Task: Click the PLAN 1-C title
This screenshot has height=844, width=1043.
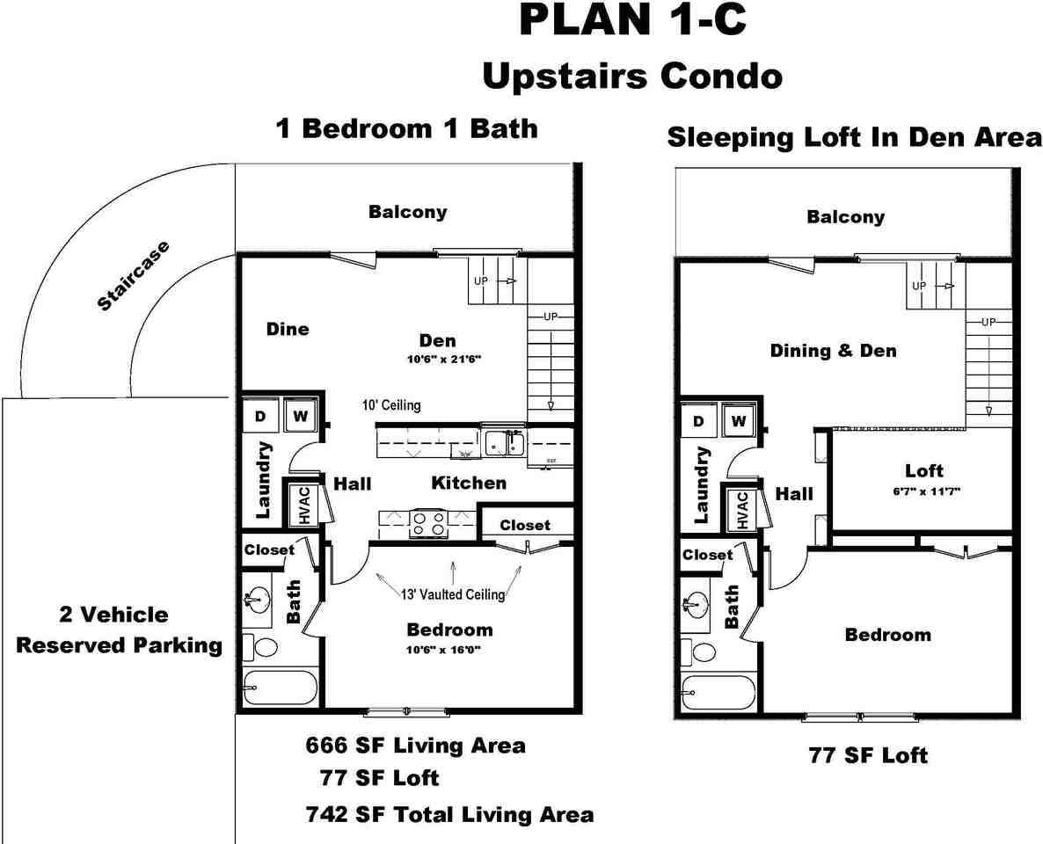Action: [633, 21]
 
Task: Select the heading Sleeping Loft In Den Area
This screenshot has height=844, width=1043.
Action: [854, 138]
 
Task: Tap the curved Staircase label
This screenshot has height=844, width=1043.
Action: [134, 276]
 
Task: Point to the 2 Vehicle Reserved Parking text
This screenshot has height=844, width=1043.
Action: [120, 629]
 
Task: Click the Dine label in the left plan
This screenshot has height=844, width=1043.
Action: [288, 329]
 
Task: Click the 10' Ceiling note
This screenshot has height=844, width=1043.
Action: [391, 405]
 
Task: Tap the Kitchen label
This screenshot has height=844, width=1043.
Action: [469, 483]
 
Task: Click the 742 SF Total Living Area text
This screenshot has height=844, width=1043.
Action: [449, 814]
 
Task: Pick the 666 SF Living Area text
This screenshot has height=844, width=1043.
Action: [415, 746]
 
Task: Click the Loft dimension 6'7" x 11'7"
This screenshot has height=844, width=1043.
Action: [923, 491]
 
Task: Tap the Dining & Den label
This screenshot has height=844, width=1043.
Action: [833, 351]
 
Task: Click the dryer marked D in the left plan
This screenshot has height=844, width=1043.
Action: [260, 416]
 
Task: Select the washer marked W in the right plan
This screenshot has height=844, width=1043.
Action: [738, 422]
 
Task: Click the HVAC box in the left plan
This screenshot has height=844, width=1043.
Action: [304, 506]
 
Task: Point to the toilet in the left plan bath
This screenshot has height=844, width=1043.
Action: [259, 648]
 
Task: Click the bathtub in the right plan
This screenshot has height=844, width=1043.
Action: [718, 692]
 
